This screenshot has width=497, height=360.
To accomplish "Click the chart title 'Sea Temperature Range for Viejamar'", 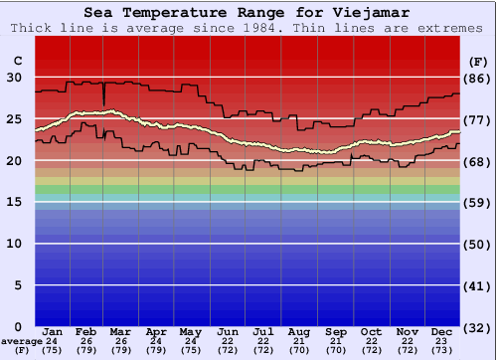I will click(247, 13).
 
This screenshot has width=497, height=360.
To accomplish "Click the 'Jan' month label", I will click(54, 331).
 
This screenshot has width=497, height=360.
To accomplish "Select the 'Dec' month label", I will click(442, 331).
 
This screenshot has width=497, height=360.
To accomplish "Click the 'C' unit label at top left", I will click(17, 61).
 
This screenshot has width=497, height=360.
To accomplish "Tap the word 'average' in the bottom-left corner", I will click(21, 341).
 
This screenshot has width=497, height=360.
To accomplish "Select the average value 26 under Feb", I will click(85, 341).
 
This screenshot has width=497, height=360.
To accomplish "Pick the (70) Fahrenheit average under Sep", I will click(336, 350).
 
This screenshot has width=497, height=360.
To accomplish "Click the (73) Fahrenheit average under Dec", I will click(442, 350).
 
